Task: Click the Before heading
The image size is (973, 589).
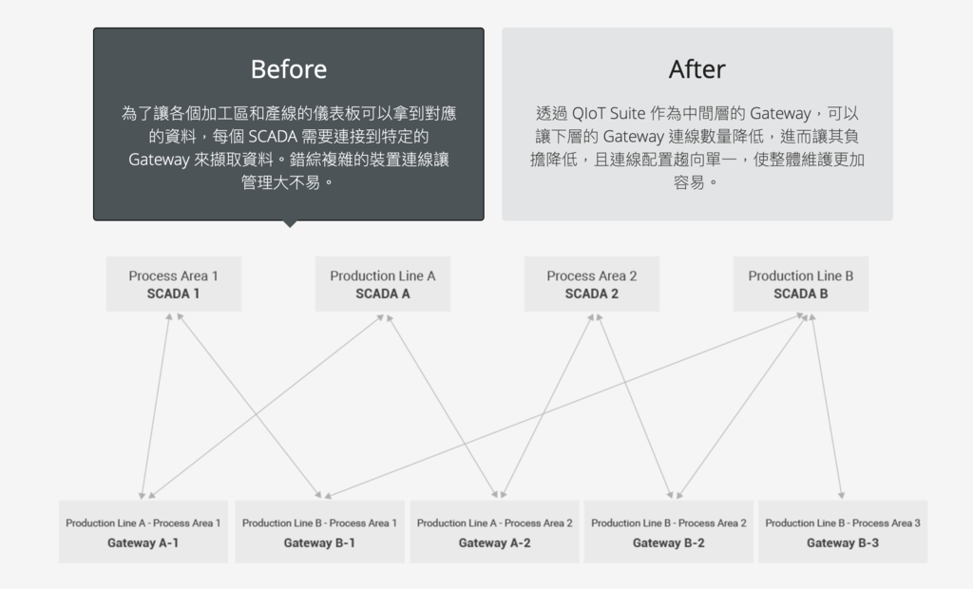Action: (289, 69)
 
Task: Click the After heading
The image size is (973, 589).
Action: (696, 69)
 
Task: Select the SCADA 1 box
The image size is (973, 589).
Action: (174, 284)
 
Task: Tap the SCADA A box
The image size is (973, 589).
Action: (383, 284)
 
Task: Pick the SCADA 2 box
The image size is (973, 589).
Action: (592, 284)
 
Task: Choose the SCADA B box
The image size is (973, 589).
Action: (801, 284)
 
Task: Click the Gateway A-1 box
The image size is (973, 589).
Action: (143, 532)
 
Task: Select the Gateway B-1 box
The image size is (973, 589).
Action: (319, 532)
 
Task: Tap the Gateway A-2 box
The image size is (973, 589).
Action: (494, 532)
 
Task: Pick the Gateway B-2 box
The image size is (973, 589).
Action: (669, 532)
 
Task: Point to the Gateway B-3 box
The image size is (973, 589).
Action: (843, 532)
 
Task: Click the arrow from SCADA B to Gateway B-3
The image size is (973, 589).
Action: (827, 407)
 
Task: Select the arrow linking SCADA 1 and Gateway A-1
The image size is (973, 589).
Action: (155, 407)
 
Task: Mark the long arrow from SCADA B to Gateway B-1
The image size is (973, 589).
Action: (565, 407)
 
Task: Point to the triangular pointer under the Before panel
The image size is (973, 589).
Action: (289, 224)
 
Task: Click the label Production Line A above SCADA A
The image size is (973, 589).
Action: (383, 275)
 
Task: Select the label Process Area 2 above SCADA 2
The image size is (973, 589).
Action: (592, 275)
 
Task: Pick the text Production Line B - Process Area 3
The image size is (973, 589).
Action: (843, 523)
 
